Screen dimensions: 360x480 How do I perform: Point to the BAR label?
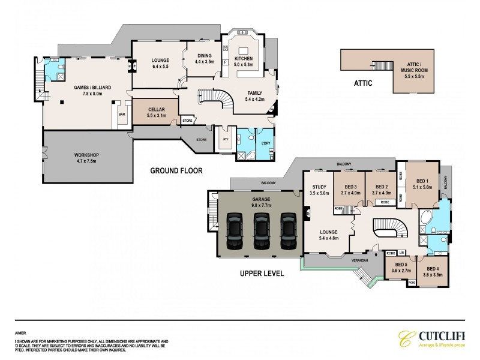[121, 114]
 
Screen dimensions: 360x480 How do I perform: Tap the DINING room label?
[205, 58]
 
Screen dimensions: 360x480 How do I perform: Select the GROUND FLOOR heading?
[176, 171]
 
